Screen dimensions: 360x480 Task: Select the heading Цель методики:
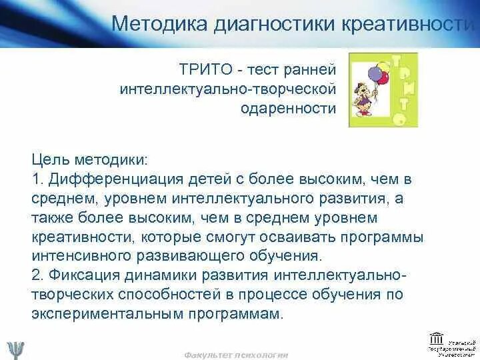(x=89, y=161)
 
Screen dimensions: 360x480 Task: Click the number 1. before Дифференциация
(x=36, y=179)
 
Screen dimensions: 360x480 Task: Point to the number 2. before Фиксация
(x=37, y=275)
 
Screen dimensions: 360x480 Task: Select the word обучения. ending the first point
(x=286, y=256)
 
